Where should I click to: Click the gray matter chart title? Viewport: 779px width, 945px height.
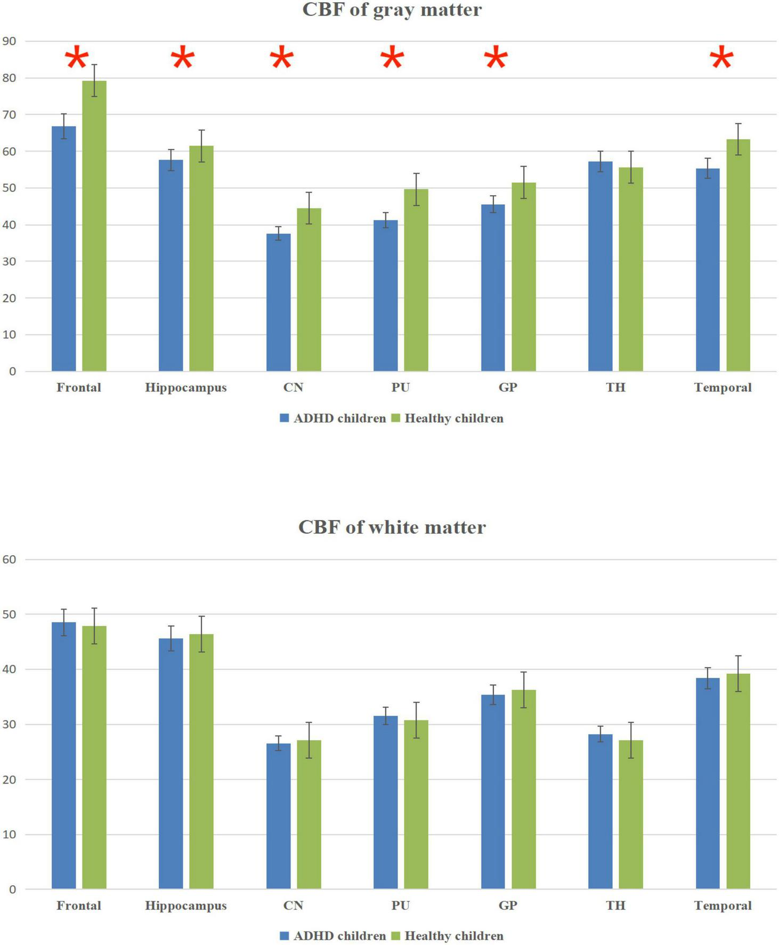pyautogui.click(x=392, y=10)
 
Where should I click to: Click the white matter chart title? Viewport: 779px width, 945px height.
pyautogui.click(x=392, y=527)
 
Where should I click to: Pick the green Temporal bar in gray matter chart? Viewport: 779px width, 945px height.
pyautogui.click(x=738, y=256)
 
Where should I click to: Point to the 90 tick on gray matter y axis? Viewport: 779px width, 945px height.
pyautogui.click(x=10, y=41)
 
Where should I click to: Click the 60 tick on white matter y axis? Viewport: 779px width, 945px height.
pyautogui.click(x=10, y=559)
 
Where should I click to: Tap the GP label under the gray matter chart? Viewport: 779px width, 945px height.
pyautogui.click(x=507, y=388)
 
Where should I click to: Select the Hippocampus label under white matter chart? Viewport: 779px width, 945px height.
pyautogui.click(x=185, y=906)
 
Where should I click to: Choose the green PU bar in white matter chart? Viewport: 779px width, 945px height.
pyautogui.click(x=416, y=805)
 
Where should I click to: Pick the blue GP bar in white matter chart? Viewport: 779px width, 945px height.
pyautogui.click(x=493, y=792)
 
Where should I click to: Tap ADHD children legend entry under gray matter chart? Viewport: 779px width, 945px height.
pyautogui.click(x=333, y=419)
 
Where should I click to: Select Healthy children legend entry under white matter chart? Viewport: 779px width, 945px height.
pyautogui.click(x=448, y=936)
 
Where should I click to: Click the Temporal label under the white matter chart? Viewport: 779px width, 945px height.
pyautogui.click(x=723, y=906)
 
